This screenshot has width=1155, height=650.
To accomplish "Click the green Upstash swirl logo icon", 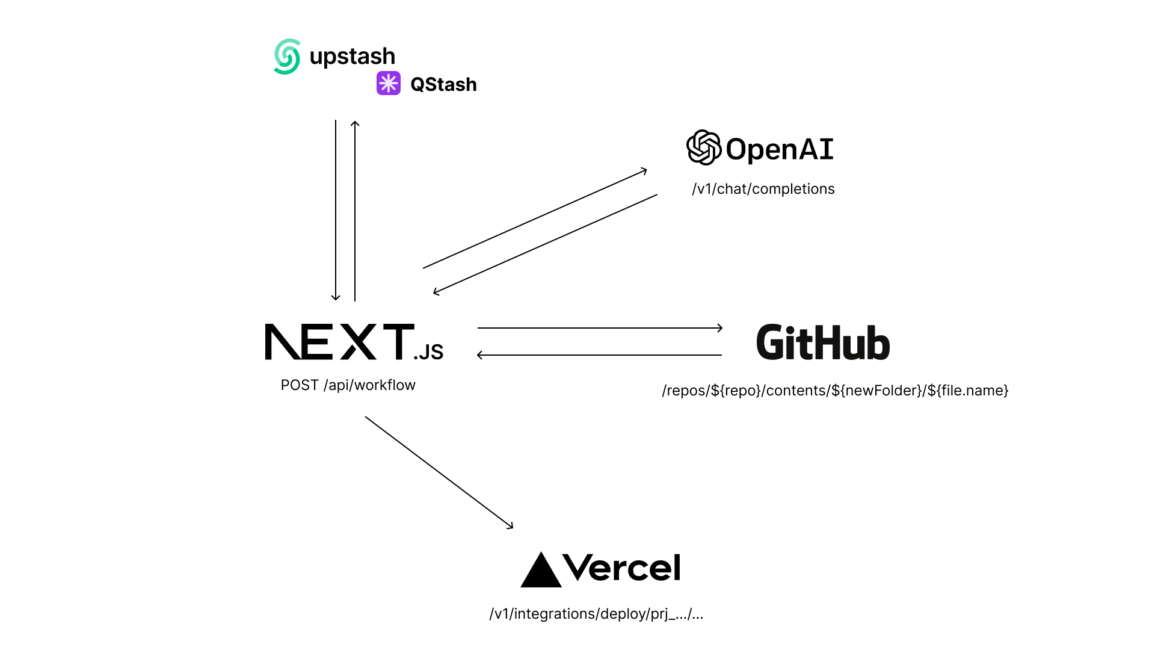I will [x=287, y=57].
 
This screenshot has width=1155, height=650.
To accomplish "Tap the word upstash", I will [x=352, y=57].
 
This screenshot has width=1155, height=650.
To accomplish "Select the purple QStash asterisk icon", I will [x=389, y=83].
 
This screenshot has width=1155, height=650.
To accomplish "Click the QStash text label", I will [x=443, y=85].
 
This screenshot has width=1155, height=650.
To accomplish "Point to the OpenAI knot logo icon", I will [x=703, y=147].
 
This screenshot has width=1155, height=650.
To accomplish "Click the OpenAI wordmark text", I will [x=780, y=149].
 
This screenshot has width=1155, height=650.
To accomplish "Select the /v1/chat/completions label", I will [x=763, y=189].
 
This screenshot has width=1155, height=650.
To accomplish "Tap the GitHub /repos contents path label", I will [x=835, y=391].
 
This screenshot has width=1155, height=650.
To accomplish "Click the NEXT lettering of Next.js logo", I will [x=339, y=342].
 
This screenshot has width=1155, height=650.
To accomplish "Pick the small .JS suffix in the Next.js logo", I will [x=428, y=352].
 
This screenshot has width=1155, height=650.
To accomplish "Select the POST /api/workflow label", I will [x=348, y=385].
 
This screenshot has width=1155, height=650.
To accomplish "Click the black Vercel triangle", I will [x=541, y=571].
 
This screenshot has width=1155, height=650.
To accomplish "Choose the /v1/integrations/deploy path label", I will [x=596, y=614].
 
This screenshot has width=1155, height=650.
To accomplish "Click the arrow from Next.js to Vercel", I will [x=439, y=472].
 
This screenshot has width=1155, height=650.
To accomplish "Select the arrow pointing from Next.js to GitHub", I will [x=600, y=328].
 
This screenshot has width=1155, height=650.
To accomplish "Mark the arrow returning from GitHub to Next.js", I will [x=600, y=355].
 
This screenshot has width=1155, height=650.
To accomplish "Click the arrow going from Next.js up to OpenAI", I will [x=535, y=220].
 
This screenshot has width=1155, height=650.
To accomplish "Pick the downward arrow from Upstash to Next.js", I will [x=336, y=211].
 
